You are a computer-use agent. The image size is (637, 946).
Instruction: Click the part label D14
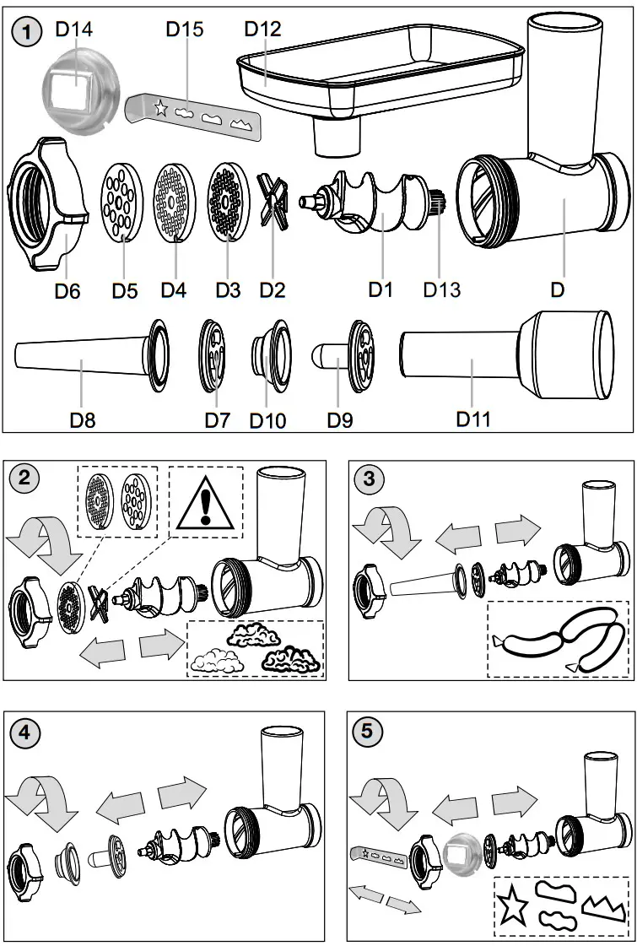click(73, 30)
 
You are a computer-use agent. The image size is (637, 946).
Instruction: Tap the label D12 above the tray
click(262, 29)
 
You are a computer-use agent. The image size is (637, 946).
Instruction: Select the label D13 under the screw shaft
click(441, 289)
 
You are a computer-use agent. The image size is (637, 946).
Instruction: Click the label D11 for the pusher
click(472, 418)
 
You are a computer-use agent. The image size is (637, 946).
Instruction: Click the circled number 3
click(368, 478)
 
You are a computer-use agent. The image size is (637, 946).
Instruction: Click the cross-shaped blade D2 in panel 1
click(273, 201)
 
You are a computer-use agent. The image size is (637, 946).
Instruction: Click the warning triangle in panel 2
click(205, 504)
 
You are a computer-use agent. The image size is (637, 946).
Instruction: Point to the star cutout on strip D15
click(159, 107)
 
